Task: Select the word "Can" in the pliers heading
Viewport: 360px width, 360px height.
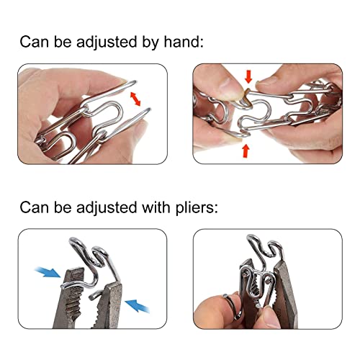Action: (x=35, y=210)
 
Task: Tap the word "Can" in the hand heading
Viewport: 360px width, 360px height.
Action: (x=35, y=42)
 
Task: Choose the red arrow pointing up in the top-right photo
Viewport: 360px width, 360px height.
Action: (x=246, y=150)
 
